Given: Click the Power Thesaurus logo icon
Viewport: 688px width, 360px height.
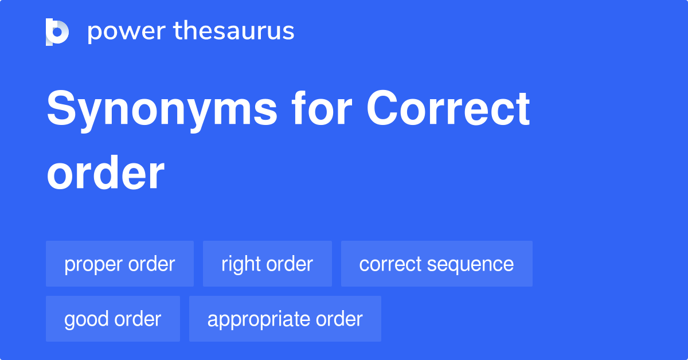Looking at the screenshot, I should point(57,32).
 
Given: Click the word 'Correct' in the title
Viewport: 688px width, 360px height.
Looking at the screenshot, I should point(448,109).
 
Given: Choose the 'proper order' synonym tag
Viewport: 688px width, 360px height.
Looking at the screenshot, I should point(119,264).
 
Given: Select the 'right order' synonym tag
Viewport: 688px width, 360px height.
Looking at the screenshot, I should point(267,264).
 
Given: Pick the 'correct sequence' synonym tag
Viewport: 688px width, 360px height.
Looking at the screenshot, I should point(436,264).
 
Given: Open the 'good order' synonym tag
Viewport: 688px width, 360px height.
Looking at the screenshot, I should point(112,319).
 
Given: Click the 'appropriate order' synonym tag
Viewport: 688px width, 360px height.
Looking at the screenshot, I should point(285,319).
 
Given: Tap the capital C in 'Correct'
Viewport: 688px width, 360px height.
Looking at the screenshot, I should point(382,109).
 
